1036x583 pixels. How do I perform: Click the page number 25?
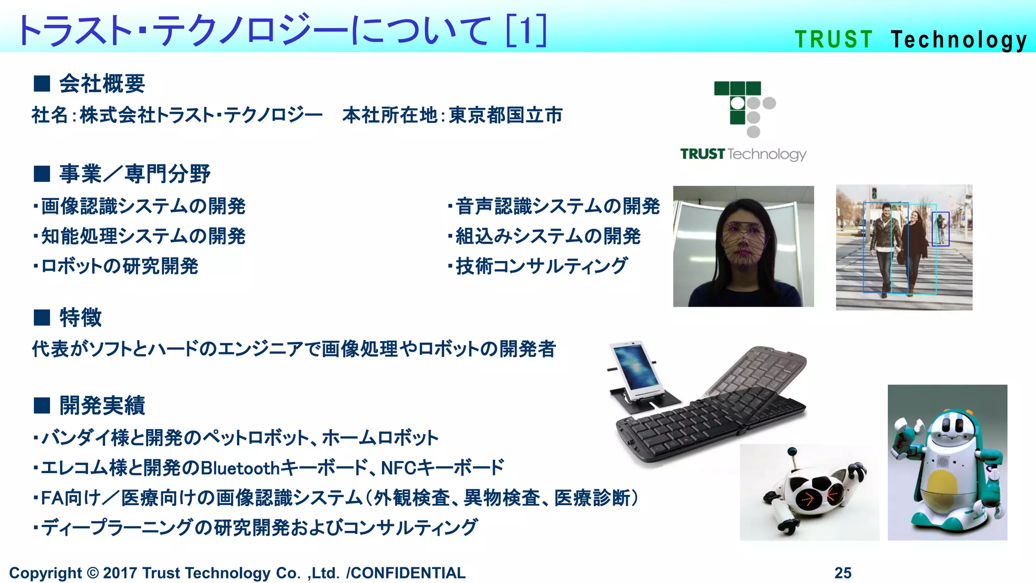click(843, 572)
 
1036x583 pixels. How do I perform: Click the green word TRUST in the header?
click(834, 39)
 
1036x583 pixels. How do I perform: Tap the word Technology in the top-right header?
click(959, 40)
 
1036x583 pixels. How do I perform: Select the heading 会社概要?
click(102, 84)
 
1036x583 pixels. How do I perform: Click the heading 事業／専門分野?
click(135, 174)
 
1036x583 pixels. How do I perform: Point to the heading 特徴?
click(80, 317)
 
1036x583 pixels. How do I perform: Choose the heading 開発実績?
click(102, 405)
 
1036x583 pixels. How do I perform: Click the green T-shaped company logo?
click(744, 108)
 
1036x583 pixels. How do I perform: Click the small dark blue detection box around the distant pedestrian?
click(940, 229)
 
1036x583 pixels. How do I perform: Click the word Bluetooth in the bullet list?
click(240, 468)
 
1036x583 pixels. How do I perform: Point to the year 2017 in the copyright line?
click(120, 573)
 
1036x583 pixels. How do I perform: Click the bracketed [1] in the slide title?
click(527, 30)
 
